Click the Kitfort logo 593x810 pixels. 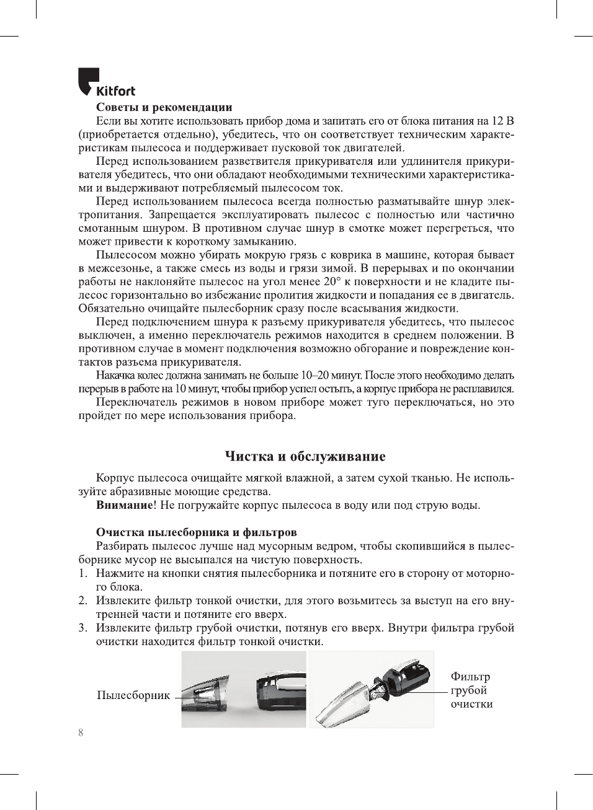click(x=106, y=83)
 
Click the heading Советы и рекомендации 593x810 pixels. click(x=164, y=107)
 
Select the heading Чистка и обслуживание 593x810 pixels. click(x=305, y=457)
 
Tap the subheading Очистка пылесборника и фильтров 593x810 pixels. click(x=196, y=532)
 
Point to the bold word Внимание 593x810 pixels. click(x=124, y=505)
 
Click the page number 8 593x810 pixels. click(x=81, y=733)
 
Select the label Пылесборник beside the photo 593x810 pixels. click(x=133, y=695)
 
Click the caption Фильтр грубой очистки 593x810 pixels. click(x=471, y=690)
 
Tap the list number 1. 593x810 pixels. click(x=82, y=573)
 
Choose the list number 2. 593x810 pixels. click(x=82, y=601)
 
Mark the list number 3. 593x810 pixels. click(x=82, y=628)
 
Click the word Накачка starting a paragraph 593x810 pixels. click(x=115, y=376)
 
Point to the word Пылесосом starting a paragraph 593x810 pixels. click(x=126, y=255)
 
